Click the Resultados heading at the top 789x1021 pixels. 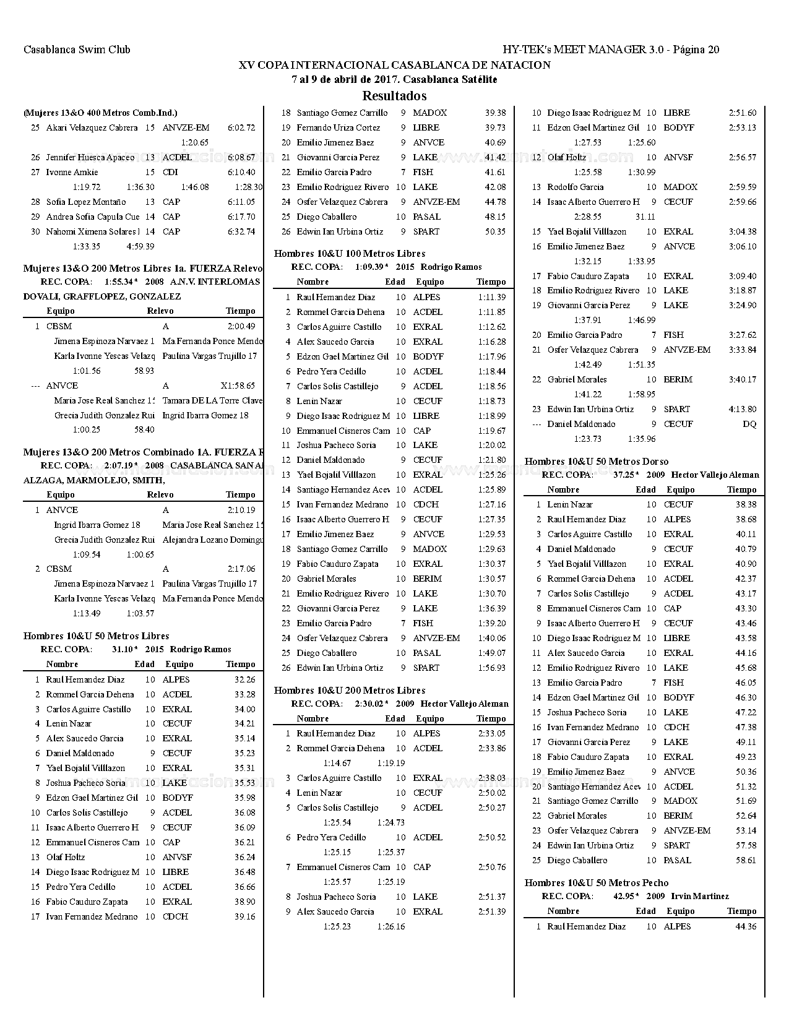coord(394,96)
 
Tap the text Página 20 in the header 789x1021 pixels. coord(696,50)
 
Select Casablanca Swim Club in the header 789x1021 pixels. coord(77,50)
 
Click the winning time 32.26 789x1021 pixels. coord(245,679)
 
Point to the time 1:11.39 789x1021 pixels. coord(492,298)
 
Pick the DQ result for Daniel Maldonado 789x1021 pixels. coord(749,424)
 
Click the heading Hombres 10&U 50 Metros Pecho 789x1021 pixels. coord(597,883)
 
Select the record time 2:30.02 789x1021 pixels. coord(371,704)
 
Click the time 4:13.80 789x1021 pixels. coord(742,410)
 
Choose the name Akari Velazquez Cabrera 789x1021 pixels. coord(92,128)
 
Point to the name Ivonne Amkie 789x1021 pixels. coord(72,173)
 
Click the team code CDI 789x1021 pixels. coord(170,173)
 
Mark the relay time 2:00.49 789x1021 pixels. coord(241,327)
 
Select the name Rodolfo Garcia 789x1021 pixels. coord(576,187)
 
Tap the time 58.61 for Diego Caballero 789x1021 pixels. coord(746,861)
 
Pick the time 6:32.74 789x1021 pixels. coord(241,232)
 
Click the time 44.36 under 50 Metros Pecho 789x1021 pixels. coord(746,927)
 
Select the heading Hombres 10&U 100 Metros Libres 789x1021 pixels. coord(350,254)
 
